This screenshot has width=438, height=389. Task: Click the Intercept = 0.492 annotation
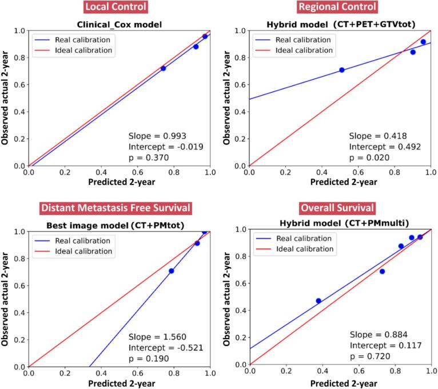pos(385,147)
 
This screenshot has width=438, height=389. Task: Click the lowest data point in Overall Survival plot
pos(318,301)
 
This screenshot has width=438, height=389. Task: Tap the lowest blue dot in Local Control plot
pos(163,68)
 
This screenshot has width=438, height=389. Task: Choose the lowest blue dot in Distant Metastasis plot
pos(171,270)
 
